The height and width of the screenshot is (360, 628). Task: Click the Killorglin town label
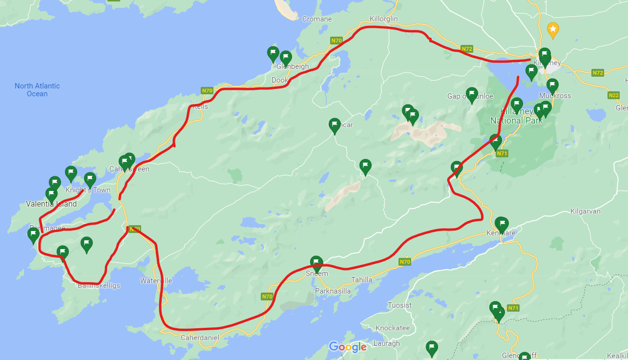[x=384, y=19]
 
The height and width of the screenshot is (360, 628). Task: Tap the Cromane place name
[x=317, y=19]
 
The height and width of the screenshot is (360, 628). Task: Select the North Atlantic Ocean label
[x=37, y=90]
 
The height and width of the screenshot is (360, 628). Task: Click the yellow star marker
[x=553, y=30]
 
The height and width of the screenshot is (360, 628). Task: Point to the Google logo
[x=348, y=347]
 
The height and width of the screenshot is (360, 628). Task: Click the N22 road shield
[x=614, y=95]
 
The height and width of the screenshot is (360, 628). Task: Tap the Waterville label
[x=156, y=281]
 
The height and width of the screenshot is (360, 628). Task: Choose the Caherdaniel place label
[x=200, y=338]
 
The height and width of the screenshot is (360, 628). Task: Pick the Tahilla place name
[x=362, y=280]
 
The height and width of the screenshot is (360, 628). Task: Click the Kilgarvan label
[x=585, y=212]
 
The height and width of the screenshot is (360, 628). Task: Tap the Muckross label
[x=555, y=96]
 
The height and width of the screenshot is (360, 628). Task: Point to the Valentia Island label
[x=51, y=204]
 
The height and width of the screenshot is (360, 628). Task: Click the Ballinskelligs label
[x=99, y=286]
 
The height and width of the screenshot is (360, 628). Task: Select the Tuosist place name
[x=399, y=305]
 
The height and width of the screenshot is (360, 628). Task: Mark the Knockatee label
[x=392, y=328]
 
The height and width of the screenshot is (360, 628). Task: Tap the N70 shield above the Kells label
[x=207, y=91]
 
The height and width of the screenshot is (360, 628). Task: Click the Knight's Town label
[x=88, y=190]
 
